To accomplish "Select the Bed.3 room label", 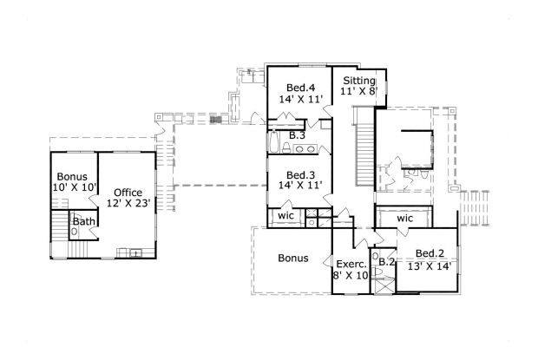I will pyautogui.click(x=300, y=174).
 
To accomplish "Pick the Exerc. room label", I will pyautogui.click(x=351, y=263).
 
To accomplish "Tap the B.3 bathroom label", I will pyautogui.click(x=297, y=136).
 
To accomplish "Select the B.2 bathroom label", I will pyautogui.click(x=387, y=260).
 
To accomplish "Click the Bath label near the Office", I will pyautogui.click(x=84, y=222).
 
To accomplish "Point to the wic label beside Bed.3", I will pyautogui.click(x=285, y=216).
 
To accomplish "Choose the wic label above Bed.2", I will pyautogui.click(x=404, y=218).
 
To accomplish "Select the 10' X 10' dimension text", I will pyautogui.click(x=73, y=187).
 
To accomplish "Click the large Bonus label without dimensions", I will pyautogui.click(x=294, y=258).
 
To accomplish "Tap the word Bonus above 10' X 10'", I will pyautogui.click(x=73, y=176).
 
